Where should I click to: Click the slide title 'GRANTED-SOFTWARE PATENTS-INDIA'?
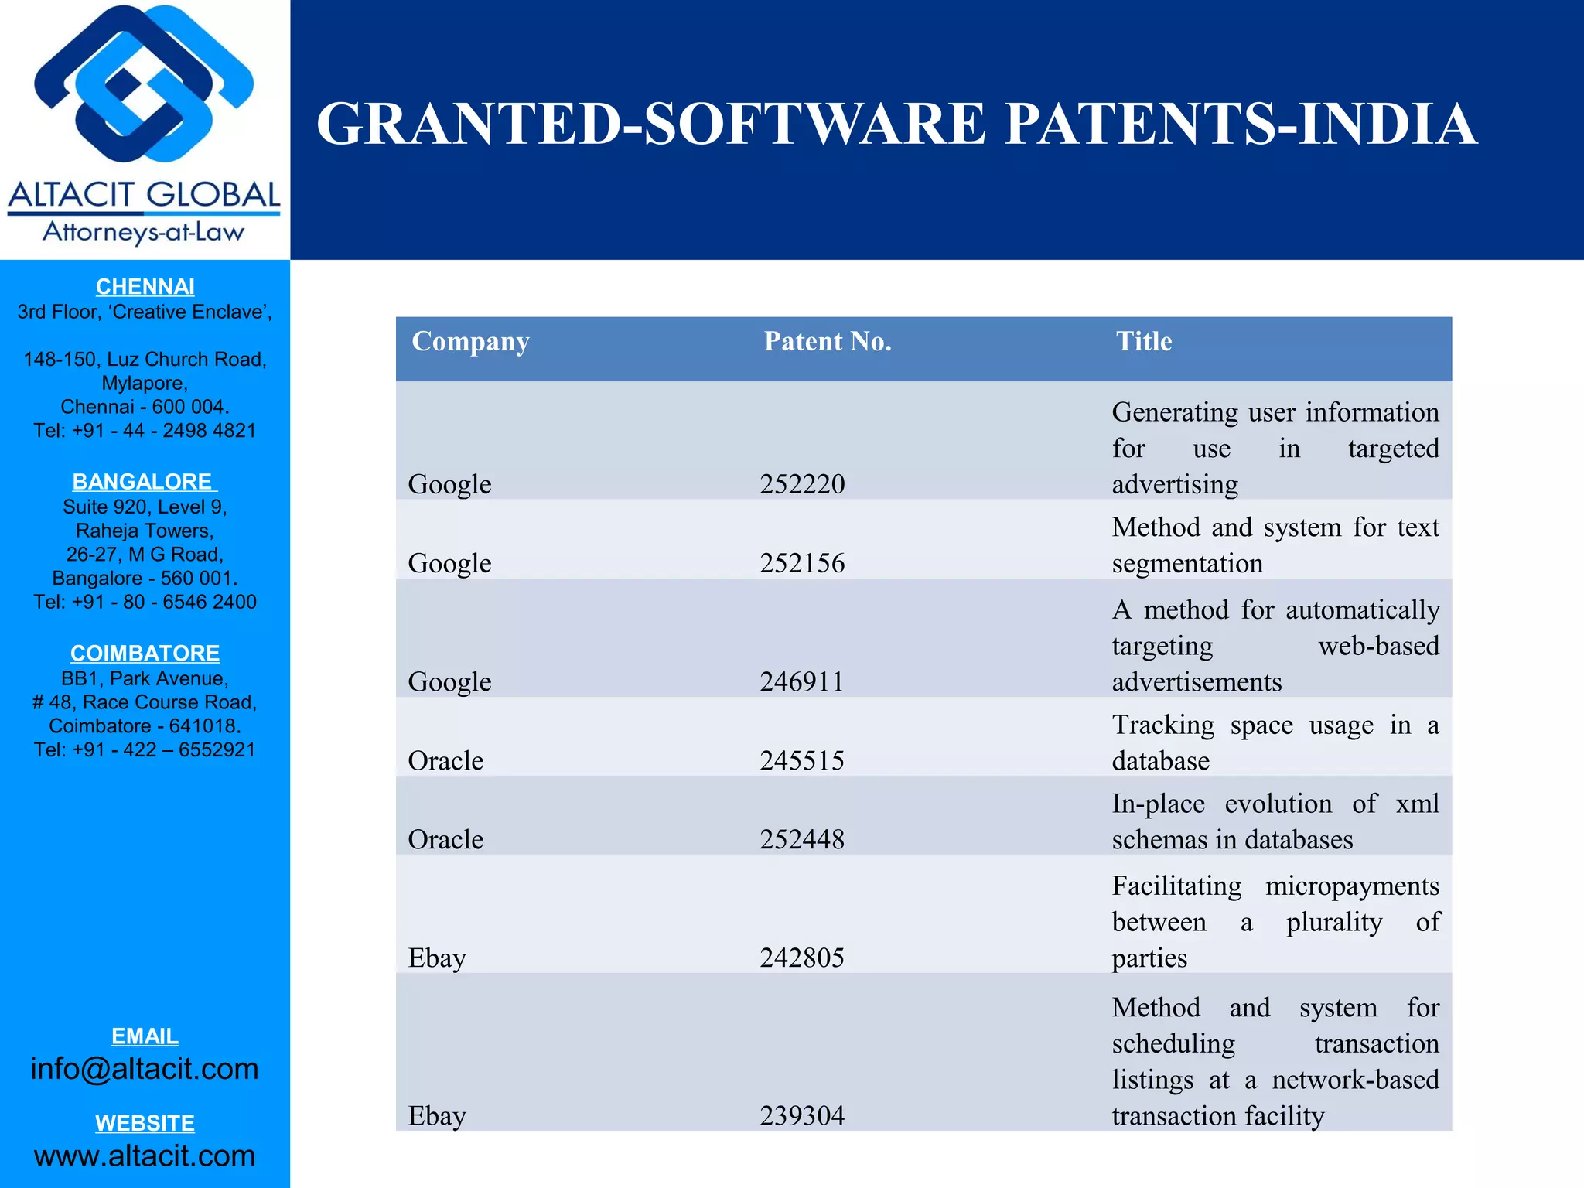(x=896, y=125)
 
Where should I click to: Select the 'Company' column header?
(x=470, y=341)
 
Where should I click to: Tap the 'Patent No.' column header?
(x=828, y=341)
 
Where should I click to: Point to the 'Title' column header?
(x=1143, y=341)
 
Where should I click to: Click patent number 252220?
(x=802, y=484)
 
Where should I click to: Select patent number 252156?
(x=802, y=563)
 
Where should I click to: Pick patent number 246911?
(x=801, y=681)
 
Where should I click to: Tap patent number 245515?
(x=802, y=760)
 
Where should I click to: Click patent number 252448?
(x=802, y=839)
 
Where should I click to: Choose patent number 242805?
(x=802, y=958)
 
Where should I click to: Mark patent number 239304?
(x=802, y=1115)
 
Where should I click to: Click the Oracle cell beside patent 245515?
(x=445, y=760)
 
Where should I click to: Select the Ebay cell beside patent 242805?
(x=437, y=958)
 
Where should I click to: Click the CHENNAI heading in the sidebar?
(x=145, y=287)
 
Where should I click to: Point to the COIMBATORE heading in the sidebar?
(x=145, y=654)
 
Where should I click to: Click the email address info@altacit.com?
(x=145, y=1069)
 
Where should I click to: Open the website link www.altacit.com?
(x=145, y=1156)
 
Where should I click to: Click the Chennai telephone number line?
(x=145, y=431)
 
